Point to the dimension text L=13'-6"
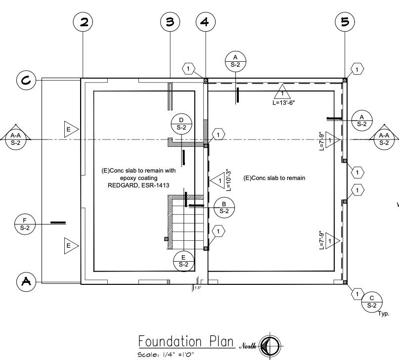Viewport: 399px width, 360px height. click(x=284, y=102)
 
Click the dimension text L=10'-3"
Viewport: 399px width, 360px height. click(x=228, y=180)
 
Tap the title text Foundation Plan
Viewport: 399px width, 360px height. click(x=186, y=341)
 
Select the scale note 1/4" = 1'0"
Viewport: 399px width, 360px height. click(x=166, y=355)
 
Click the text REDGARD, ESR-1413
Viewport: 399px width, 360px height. click(x=138, y=185)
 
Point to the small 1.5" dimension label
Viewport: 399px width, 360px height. click(x=198, y=288)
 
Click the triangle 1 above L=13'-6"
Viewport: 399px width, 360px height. click(x=282, y=92)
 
